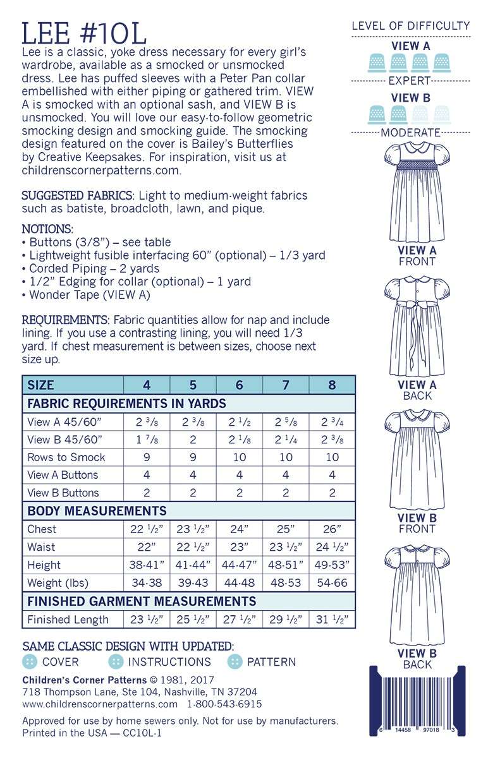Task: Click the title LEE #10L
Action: [84, 32]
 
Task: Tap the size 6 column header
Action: [239, 385]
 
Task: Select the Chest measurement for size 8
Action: [332, 529]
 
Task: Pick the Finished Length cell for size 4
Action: [146, 620]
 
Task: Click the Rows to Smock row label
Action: [66, 457]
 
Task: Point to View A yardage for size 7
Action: [286, 421]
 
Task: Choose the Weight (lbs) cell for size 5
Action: [193, 582]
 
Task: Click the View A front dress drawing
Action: [417, 189]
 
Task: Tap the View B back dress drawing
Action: [417, 597]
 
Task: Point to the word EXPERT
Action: [410, 81]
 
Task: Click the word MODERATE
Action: [410, 133]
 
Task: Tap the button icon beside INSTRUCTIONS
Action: [116, 662]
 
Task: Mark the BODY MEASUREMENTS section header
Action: [97, 511]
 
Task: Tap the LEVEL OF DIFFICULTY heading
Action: [410, 26]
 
